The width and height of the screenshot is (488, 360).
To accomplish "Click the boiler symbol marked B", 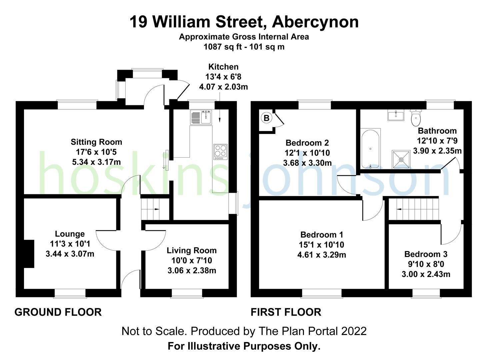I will [266, 118].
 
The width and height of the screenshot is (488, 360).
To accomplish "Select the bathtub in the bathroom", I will [370, 148].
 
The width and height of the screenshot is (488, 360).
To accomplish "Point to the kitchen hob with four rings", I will [220, 152].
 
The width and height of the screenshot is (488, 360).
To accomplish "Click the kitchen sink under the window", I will [201, 117].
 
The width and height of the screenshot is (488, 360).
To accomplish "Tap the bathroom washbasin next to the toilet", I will [396, 115].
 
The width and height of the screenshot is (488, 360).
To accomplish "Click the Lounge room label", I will [70, 234].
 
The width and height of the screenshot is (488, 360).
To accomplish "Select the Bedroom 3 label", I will [426, 254].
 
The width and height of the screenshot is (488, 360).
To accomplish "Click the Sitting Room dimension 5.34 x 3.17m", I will [96, 162].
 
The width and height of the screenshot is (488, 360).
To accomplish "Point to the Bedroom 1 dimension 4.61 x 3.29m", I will [321, 255].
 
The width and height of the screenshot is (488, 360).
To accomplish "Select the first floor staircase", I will [414, 209].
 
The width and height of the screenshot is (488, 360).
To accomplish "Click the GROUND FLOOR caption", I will [58, 312].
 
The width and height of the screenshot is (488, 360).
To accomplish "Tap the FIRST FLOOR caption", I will [286, 312].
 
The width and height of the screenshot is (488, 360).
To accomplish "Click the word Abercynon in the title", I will [315, 22].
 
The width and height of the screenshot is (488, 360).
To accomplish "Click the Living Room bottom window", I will [187, 293].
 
